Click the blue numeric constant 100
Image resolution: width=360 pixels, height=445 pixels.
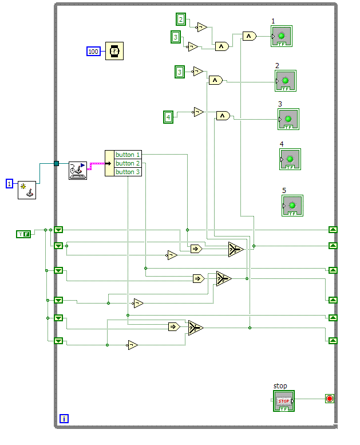pyautogui.click(x=93, y=52)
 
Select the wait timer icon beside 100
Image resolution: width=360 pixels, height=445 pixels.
pyautogui.click(x=114, y=51)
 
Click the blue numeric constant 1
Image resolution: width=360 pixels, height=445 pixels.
pyautogui.click(x=9, y=183)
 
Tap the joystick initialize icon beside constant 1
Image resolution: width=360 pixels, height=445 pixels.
pyautogui.click(x=26, y=189)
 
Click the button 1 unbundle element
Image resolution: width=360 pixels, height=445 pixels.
pyautogui.click(x=127, y=155)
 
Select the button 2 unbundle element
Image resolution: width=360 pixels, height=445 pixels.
pyautogui.click(x=127, y=163)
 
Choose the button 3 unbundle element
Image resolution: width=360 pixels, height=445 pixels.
pyautogui.click(x=127, y=172)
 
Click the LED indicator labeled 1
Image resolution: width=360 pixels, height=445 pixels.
pyautogui.click(x=282, y=36)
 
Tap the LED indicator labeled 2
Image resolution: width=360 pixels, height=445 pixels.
pyautogui.click(x=285, y=81)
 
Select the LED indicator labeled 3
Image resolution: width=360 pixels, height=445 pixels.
pyautogui.click(x=288, y=119)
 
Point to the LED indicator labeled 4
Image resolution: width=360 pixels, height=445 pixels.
pyautogui.click(x=290, y=159)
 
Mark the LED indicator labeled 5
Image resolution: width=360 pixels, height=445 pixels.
pyautogui.click(x=292, y=206)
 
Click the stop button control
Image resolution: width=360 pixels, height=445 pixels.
pyautogui.click(x=284, y=401)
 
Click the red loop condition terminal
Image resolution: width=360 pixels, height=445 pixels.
pyautogui.click(x=329, y=399)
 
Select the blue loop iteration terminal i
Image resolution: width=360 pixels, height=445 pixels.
pyautogui.click(x=64, y=419)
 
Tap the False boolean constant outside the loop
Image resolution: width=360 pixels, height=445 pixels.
pyautogui.click(x=23, y=234)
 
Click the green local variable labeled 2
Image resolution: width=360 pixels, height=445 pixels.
pyautogui.click(x=181, y=19)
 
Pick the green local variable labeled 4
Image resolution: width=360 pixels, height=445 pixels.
pyautogui.click(x=168, y=117)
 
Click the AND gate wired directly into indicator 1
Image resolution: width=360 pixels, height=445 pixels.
pyautogui.click(x=249, y=36)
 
